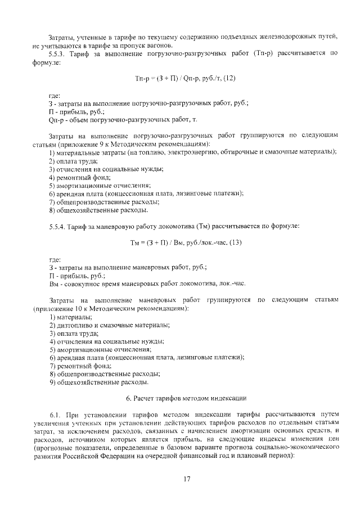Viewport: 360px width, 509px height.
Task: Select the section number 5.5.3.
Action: click(x=58, y=55)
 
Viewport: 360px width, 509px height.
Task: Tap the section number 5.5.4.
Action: click(x=58, y=226)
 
